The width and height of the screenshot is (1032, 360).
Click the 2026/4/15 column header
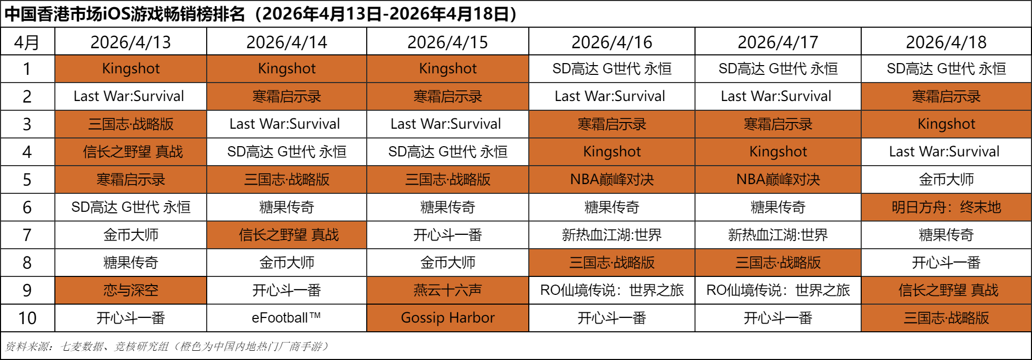447,42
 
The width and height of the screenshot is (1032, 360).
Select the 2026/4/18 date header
946,42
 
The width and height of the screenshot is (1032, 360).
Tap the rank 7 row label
27,235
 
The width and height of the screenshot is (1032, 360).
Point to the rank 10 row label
27,318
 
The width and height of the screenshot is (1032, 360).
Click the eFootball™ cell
286,318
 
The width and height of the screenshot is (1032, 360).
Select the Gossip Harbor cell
447,318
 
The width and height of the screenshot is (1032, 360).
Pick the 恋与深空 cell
131,290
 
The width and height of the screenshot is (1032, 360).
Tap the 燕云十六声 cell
447,290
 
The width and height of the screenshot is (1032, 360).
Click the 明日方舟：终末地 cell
946,207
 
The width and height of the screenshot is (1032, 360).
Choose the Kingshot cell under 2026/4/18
946,124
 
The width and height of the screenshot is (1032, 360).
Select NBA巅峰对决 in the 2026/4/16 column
611,179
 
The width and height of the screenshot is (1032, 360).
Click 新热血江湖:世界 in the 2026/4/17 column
778,235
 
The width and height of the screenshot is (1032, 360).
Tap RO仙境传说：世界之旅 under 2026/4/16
611,290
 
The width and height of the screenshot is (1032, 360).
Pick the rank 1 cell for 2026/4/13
131,69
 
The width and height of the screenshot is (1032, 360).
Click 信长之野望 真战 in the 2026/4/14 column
286,235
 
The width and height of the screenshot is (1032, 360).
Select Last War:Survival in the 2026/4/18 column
946,152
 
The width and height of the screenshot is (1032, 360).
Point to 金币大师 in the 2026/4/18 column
946,179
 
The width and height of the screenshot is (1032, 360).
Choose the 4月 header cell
27,42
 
